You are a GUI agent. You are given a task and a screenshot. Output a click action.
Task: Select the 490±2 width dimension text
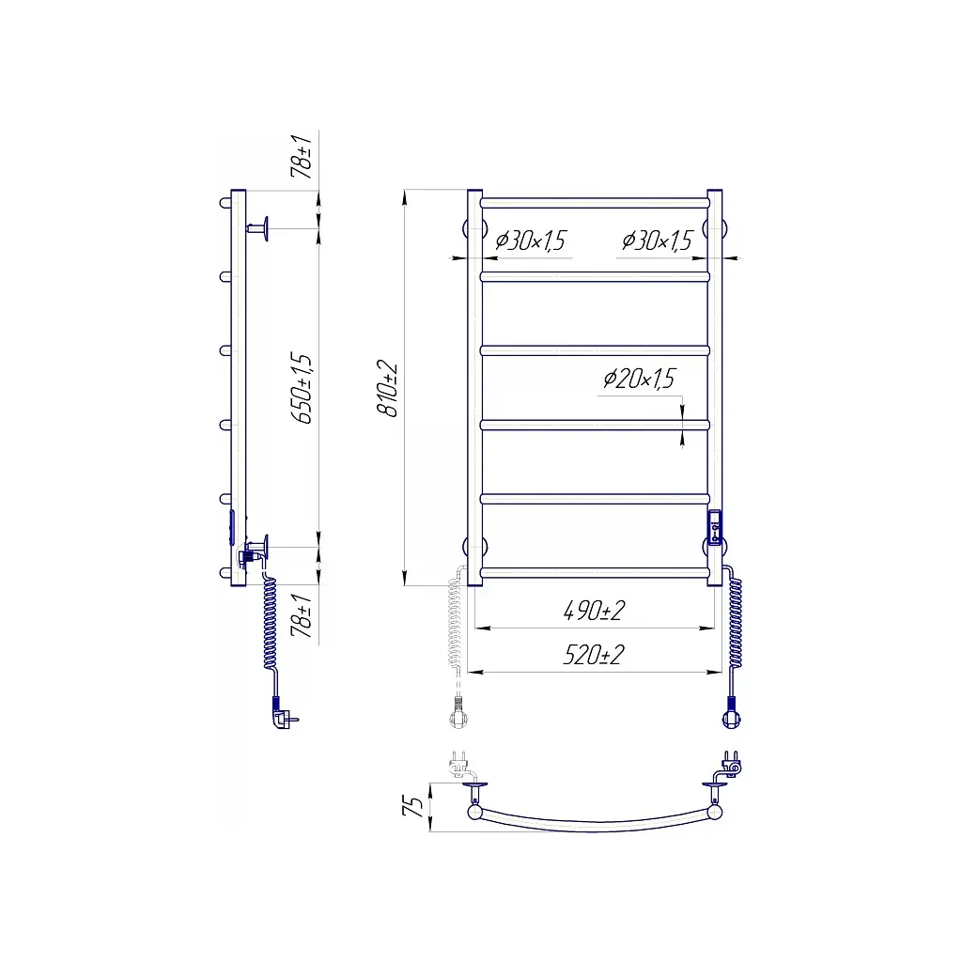pos(594,611)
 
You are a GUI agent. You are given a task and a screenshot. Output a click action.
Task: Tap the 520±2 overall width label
pos(594,655)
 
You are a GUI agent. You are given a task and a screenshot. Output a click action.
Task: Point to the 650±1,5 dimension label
pos(302,388)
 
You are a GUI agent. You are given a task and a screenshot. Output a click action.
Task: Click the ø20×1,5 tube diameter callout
pos(639,379)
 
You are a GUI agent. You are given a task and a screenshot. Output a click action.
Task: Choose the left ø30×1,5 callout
pos(530,240)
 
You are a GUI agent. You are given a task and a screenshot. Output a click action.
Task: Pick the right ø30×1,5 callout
pos(657,240)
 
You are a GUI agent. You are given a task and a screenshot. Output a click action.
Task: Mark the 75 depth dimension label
pos(413,805)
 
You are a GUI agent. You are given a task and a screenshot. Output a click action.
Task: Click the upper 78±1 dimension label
pos(302,157)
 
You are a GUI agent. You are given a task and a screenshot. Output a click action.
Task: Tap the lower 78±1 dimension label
pos(302,615)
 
